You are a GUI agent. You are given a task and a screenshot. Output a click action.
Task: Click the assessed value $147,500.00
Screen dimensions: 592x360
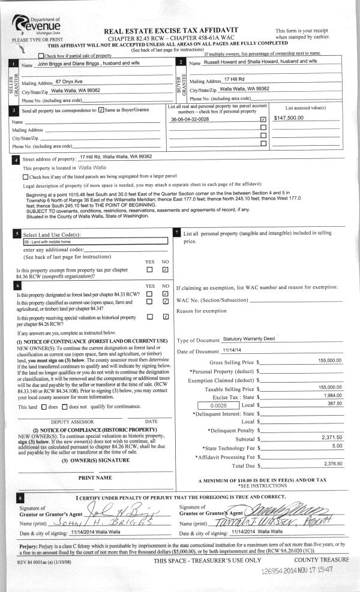pyautogui.click(x=289, y=118)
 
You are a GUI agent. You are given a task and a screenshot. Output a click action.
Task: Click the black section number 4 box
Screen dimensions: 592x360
pyautogui.click(x=14, y=160)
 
